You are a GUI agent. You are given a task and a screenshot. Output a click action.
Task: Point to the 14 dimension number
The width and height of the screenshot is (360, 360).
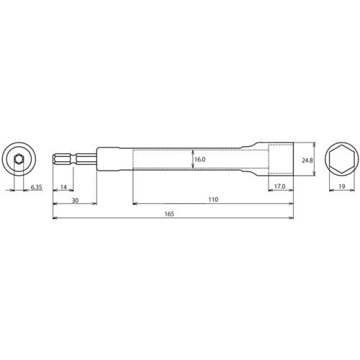coord(63,186)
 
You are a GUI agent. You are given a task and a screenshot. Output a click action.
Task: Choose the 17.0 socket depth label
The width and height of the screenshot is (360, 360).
coord(280,186)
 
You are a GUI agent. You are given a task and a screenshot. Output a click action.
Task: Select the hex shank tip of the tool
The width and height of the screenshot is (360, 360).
coord(62,159)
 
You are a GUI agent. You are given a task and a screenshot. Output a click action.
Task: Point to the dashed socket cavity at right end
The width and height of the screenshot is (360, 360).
coord(281,159)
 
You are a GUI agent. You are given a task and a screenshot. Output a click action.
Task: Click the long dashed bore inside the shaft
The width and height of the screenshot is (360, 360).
coord(166,159)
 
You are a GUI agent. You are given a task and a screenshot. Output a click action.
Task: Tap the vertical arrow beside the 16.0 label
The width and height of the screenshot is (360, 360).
coord(192,159)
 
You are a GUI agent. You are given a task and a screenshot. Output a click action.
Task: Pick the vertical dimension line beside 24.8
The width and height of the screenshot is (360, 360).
coord(315,159)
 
